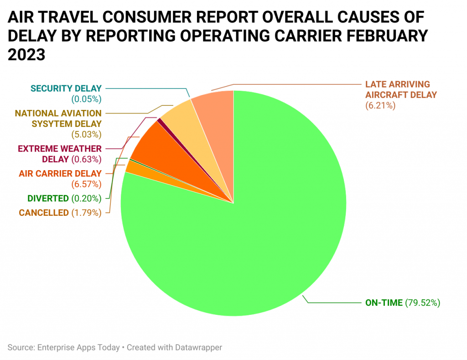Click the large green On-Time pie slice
click(255, 228)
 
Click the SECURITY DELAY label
click(66, 88)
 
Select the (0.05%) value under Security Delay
click(86, 99)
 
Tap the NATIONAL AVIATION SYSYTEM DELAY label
click(58, 118)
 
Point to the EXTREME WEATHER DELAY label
click(59, 154)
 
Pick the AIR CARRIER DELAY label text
click(60, 173)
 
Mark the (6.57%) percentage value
click(86, 184)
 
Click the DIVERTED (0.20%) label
click(64, 198)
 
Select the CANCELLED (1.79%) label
click(60, 212)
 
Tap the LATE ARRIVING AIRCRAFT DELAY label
click(400, 89)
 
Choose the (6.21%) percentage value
click(379, 105)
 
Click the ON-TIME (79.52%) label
click(402, 302)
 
